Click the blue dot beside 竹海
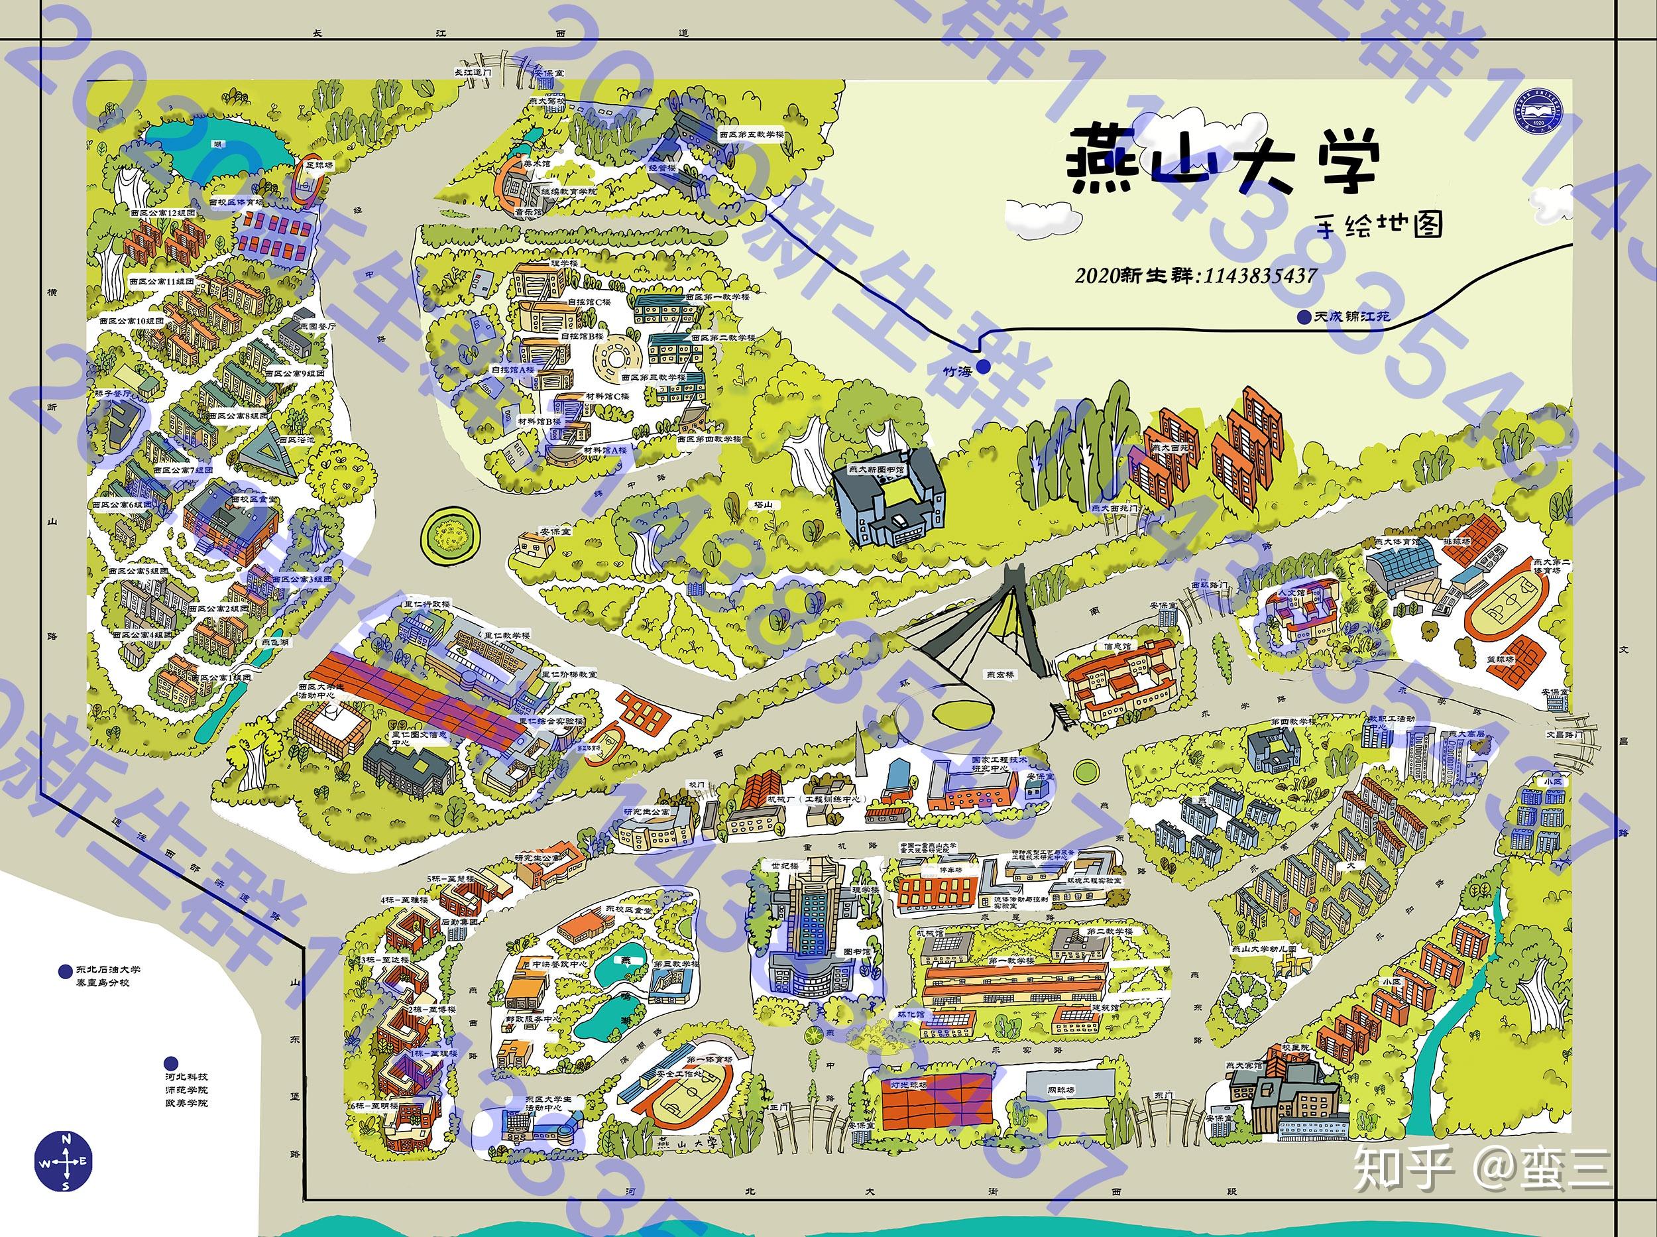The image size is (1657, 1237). click(x=983, y=365)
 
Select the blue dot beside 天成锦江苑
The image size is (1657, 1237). click(x=1305, y=318)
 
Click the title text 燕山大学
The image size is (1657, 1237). click(x=1220, y=166)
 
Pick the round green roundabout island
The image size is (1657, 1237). click(x=449, y=534)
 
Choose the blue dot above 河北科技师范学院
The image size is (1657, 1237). click(x=172, y=1063)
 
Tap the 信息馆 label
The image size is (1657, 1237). click(x=1116, y=646)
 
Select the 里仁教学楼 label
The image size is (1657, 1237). click(x=506, y=636)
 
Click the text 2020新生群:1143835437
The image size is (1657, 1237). click(x=1196, y=276)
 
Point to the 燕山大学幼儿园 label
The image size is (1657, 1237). click(x=1264, y=949)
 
